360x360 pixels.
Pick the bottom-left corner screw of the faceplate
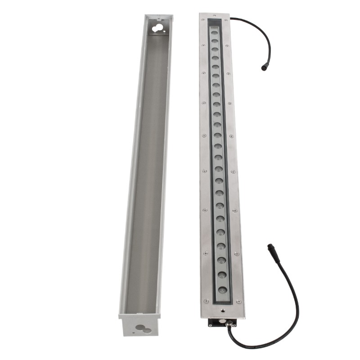tap(206, 301)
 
